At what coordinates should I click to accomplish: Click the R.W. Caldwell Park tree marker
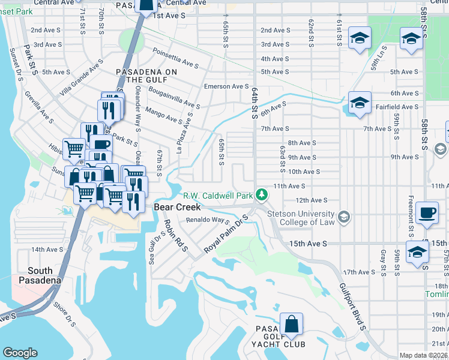coord(261,194)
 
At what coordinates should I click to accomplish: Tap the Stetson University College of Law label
coord(301,218)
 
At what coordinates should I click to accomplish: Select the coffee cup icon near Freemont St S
coord(427,213)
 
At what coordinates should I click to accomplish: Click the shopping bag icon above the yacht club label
coord(291,325)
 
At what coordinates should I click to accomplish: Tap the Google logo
coord(20,353)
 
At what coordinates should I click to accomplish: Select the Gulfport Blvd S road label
coord(351,307)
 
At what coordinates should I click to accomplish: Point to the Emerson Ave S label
coord(226,86)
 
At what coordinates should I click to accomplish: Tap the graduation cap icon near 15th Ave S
coord(417,253)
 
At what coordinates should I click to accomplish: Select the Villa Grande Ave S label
coord(83,83)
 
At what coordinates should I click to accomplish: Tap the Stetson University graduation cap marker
coord(343,216)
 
